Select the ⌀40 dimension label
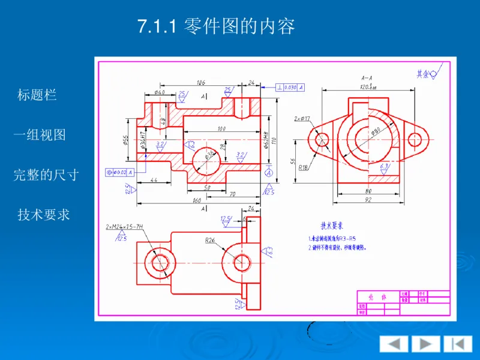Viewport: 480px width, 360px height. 160,92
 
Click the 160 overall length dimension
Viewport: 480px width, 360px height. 197,201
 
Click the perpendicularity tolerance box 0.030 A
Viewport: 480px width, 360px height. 290,87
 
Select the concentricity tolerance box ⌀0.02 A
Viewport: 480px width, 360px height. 119,172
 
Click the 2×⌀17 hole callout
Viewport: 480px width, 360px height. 302,119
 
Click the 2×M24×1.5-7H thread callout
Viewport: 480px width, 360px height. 124,227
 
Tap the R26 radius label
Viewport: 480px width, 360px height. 210,240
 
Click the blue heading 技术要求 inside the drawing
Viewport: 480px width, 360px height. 332,226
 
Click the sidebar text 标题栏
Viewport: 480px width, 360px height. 37,94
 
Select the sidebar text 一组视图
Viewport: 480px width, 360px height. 40,135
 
